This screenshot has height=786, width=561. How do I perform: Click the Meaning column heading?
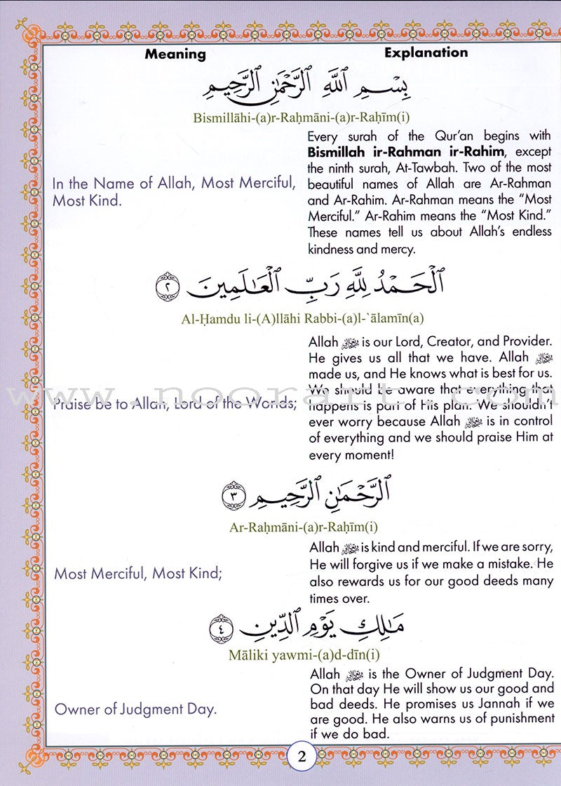tap(175, 54)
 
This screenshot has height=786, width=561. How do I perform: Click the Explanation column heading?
tap(426, 53)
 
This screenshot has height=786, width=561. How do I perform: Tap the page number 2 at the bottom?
tap(302, 757)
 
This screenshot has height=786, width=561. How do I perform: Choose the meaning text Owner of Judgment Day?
tap(136, 709)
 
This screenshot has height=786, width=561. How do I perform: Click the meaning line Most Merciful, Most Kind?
tap(138, 573)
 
